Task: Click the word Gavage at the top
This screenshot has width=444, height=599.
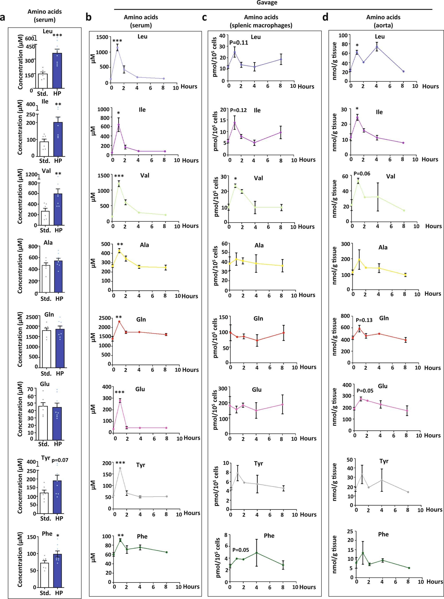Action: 267,3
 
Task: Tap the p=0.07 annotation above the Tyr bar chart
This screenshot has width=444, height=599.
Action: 60,460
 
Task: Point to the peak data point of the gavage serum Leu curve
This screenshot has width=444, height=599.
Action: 117,48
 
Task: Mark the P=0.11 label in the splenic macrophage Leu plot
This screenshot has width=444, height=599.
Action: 239,43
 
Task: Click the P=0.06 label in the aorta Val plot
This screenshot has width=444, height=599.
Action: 362,174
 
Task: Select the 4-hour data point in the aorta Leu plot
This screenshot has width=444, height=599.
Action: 377,47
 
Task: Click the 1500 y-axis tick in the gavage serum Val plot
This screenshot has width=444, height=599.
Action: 104,175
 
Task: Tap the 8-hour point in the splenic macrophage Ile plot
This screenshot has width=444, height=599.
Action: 281,132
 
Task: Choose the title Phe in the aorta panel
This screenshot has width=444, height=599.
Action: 383,534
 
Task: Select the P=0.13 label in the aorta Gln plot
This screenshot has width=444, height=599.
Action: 364,320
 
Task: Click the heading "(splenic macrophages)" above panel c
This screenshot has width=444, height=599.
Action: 261,25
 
